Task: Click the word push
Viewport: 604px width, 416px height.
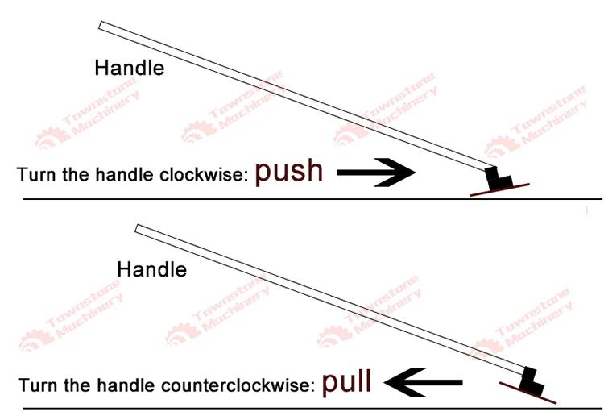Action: pyautogui.click(x=289, y=172)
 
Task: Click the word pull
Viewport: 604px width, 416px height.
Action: pyautogui.click(x=347, y=381)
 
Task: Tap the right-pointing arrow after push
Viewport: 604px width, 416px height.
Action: pyautogui.click(x=375, y=172)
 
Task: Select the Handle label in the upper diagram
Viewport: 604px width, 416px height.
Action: pyautogui.click(x=129, y=68)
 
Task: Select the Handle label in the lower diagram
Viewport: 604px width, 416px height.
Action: pyautogui.click(x=151, y=269)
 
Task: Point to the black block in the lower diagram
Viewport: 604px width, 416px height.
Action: pyautogui.click(x=532, y=380)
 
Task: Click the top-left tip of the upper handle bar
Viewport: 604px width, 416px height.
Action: pyautogui.click(x=102, y=26)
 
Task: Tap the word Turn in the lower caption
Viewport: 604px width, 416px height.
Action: pyautogui.click(x=35, y=385)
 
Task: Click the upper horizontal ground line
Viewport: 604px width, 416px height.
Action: pyautogui.click(x=242, y=198)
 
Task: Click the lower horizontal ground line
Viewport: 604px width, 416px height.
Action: pyautogui.click(x=242, y=407)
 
